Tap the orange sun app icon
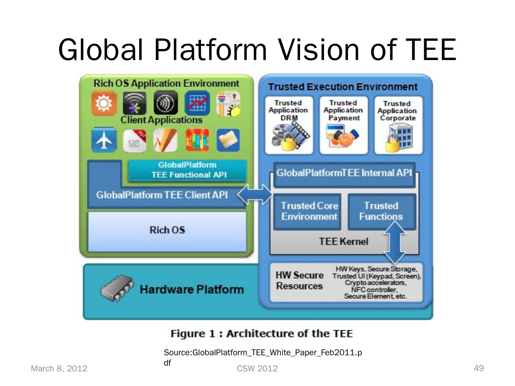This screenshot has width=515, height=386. pos(104,103)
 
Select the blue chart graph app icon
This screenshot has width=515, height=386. pos(197,103)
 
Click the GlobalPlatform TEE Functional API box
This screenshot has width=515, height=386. pos(187,170)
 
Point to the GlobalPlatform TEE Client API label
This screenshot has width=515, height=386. pos(162,195)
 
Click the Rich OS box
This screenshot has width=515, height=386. pos(167,231)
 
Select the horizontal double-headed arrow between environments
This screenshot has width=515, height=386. pos(255,194)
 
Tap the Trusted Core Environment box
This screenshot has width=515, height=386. pos(309,211)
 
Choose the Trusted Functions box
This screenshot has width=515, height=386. pos(381,211)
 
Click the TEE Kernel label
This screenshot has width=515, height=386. pos(343,242)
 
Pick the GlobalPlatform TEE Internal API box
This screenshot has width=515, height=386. pos(344,174)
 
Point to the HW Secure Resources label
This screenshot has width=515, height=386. pos(299,281)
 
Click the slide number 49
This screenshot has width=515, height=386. pos(479,368)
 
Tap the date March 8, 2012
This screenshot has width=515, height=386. pos(59,368)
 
